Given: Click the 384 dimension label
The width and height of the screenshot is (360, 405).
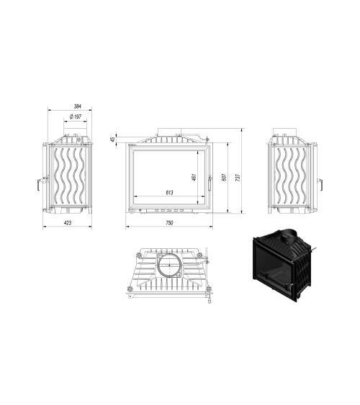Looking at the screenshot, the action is [x=78, y=106].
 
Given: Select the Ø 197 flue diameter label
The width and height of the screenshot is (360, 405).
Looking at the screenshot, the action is [x=75, y=117].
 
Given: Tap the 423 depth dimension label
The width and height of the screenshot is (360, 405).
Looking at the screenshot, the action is [x=68, y=223].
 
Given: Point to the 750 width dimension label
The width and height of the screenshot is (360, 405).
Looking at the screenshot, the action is [x=169, y=223].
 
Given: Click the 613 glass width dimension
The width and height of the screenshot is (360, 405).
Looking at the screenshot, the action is [x=169, y=192].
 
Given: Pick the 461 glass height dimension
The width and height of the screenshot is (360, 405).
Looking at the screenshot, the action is [x=194, y=177].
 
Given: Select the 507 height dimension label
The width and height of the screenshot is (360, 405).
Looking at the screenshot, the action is [x=224, y=177].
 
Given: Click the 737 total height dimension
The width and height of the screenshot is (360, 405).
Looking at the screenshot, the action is [x=238, y=177].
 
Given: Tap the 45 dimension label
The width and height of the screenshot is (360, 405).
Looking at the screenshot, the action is [x=112, y=140].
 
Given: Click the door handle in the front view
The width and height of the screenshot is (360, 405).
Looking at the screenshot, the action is [x=210, y=183].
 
